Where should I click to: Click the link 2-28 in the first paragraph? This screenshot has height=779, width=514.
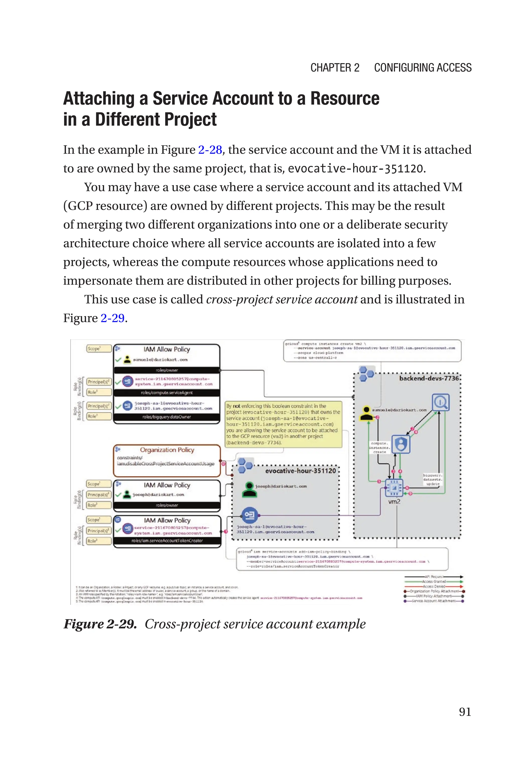(210, 150)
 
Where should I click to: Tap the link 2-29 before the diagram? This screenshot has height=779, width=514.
(112, 318)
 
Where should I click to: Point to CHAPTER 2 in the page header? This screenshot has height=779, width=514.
(335, 67)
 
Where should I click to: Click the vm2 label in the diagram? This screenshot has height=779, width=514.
(394, 502)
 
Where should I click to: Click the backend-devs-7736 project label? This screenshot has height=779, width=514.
(429, 378)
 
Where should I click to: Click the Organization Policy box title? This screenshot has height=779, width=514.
(167, 450)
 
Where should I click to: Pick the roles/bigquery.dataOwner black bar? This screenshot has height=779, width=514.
(167, 417)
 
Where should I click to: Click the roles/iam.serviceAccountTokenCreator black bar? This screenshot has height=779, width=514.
(167, 541)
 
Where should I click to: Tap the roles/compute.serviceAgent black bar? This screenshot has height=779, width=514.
(167, 392)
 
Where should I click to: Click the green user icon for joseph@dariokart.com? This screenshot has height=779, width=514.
(249, 489)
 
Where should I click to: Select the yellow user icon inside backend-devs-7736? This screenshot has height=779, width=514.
(366, 413)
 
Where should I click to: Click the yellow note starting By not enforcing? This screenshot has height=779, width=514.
(283, 424)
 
